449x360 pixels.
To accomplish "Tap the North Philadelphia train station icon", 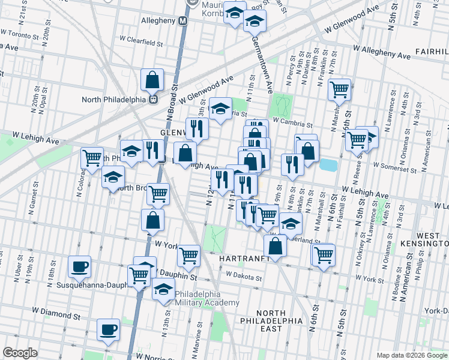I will [153, 99].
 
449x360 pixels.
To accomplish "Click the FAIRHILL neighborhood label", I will [430, 52].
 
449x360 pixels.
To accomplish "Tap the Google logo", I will [20, 352].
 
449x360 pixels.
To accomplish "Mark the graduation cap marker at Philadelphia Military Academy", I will [163, 289].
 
